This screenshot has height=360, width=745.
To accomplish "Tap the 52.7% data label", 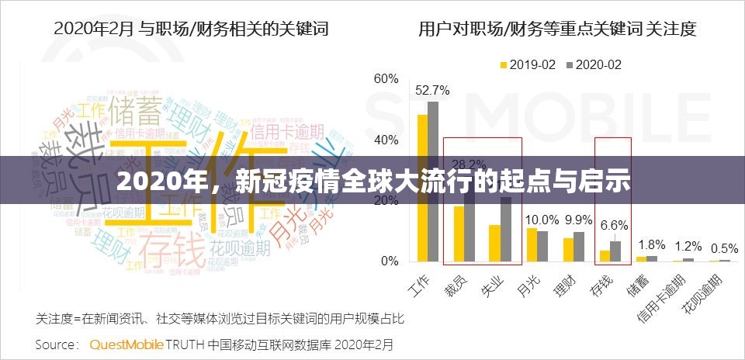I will click(x=431, y=90).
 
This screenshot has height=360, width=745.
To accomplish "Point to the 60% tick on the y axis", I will click(x=386, y=79).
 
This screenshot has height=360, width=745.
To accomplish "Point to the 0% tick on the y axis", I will click(x=390, y=261).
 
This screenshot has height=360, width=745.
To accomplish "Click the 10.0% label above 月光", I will click(x=542, y=220).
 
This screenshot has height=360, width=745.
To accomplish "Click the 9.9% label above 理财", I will click(x=578, y=220).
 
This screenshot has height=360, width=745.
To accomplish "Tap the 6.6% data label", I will click(x=615, y=225).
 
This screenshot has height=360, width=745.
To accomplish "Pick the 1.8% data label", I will click(x=651, y=245).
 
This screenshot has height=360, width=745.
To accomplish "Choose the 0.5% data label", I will click(x=724, y=248).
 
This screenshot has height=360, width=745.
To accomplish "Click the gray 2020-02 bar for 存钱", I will click(x=615, y=251).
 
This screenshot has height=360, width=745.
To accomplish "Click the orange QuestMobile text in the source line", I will click(x=126, y=343).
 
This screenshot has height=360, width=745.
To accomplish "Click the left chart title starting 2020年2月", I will click(x=190, y=29).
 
